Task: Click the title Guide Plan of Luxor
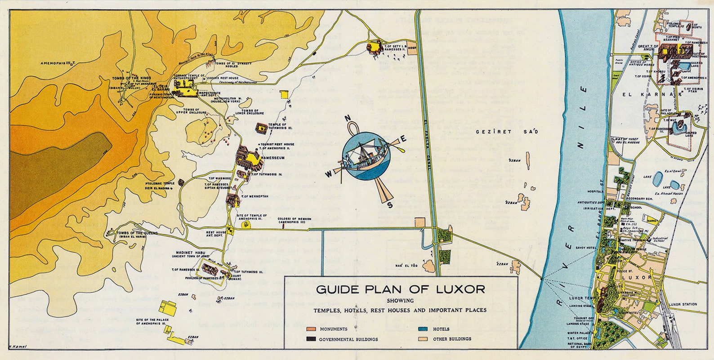[400, 289]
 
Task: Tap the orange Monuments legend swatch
[312, 329]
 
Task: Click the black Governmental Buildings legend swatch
[312, 339]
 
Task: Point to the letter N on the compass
[348, 119]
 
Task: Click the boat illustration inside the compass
[365, 156]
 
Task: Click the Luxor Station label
[683, 304]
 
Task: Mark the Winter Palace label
[579, 333]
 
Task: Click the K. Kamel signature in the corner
[18, 346]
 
